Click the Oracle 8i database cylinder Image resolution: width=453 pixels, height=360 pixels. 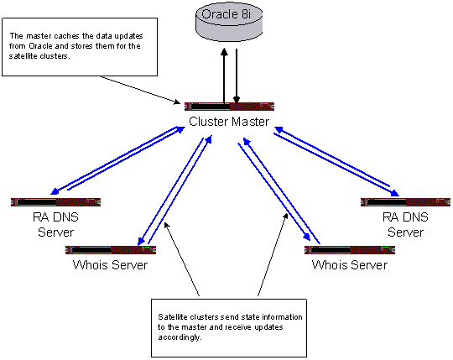(x=229, y=22)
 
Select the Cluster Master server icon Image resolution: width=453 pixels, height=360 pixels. (x=229, y=107)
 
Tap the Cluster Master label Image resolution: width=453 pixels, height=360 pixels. (x=229, y=122)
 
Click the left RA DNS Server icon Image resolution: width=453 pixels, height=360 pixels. (x=55, y=202)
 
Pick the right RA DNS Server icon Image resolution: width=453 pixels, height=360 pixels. (x=406, y=202)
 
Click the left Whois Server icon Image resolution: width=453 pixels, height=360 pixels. (x=111, y=250)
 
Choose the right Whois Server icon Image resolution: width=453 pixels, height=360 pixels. (x=350, y=250)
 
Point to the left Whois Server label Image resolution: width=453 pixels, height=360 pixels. (x=110, y=265)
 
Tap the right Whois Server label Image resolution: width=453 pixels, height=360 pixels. (x=350, y=265)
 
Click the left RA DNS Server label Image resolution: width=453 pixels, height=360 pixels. (x=55, y=225)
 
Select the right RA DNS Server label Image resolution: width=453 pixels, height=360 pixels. (x=405, y=225)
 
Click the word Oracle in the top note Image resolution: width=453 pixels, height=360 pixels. (x=40, y=46)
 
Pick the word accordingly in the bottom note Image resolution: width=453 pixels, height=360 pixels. (x=180, y=337)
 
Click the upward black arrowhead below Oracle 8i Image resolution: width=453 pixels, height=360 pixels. (x=224, y=52)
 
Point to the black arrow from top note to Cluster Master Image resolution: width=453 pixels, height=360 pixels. (x=140, y=90)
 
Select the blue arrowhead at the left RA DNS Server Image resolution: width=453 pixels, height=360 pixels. (x=55, y=191)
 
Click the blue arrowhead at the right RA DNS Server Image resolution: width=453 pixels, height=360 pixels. (x=394, y=193)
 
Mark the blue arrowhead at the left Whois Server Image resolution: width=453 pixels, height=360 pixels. (x=141, y=241)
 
